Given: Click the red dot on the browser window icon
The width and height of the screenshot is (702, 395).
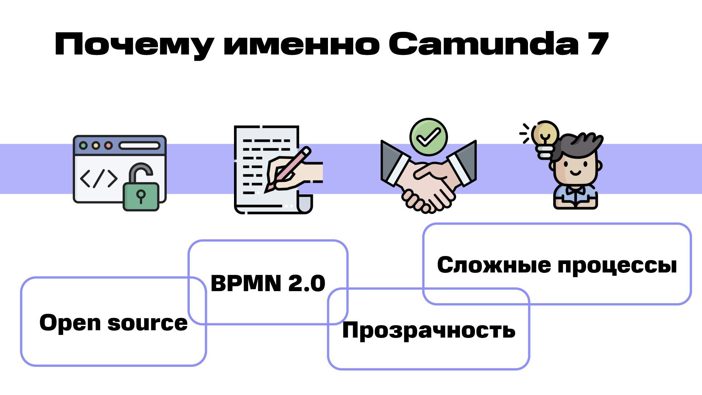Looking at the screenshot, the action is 108,146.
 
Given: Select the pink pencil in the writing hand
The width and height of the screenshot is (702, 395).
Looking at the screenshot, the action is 289,168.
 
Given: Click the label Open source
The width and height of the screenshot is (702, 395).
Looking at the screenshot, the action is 113,323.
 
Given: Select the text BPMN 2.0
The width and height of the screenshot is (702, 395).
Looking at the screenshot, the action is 268,283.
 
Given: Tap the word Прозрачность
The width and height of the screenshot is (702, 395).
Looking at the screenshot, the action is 429,330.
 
